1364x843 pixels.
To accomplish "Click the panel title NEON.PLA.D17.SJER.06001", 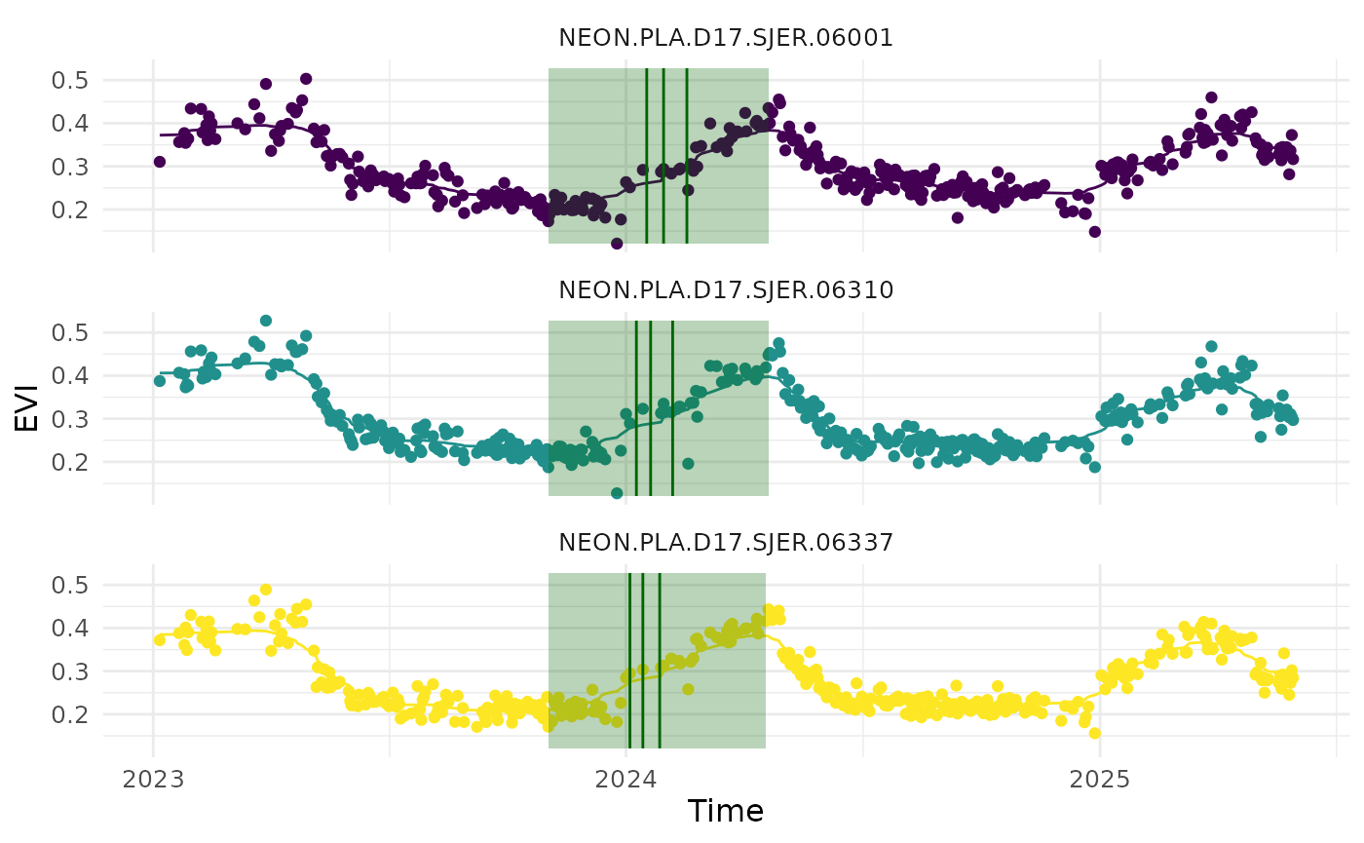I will coord(726,38).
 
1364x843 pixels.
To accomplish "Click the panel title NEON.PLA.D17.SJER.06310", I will coord(726,290).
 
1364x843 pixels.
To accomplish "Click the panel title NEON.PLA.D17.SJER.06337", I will coord(726,543).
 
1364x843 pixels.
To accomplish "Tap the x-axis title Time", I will coord(725,811).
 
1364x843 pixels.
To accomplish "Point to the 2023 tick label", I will coord(153,780).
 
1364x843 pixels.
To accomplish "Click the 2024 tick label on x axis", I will coord(626,780).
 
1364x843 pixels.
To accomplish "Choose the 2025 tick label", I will coord(1100,780).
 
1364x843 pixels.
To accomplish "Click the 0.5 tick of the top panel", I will coord(69,80).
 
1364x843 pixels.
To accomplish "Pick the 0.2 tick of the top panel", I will coord(69,210).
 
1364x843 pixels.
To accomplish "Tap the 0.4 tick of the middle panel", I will coord(69,375).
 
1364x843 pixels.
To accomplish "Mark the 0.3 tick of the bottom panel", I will coord(69,671).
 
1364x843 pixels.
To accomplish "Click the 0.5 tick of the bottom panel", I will coord(69,585).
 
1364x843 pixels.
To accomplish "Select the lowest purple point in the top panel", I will coord(617,244).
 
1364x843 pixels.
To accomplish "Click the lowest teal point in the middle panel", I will coord(617,493).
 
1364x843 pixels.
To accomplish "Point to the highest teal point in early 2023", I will coord(266,321).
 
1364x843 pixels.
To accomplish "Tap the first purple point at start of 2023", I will coord(159,162).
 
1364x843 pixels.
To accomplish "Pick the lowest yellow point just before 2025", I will coord(1095,733).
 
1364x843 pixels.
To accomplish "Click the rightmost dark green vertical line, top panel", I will coord(687,156).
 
